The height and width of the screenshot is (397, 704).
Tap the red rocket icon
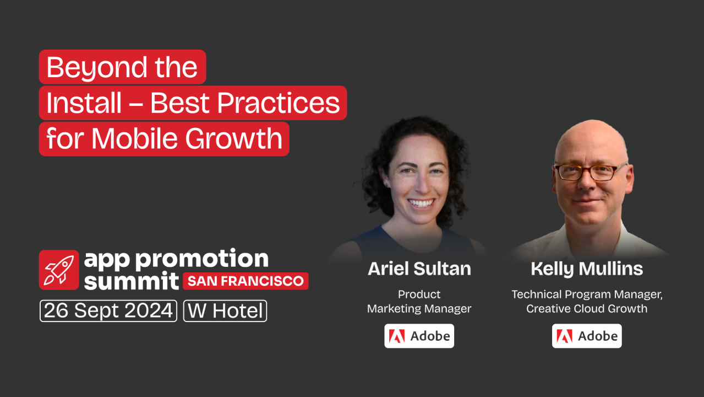point(58,270)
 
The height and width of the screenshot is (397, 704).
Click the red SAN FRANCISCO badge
point(245,281)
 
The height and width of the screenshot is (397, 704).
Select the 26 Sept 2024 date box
point(108,311)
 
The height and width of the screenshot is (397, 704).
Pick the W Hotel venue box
point(225,311)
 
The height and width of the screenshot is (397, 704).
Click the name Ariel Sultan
point(419,269)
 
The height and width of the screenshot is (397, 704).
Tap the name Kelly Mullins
point(587,269)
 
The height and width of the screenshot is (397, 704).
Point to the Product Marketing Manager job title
point(419,301)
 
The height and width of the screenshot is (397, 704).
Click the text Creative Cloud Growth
point(587,308)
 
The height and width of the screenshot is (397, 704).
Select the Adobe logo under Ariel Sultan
point(419,336)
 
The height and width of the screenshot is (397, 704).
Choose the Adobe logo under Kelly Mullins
point(587,336)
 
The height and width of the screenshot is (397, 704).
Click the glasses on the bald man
point(590,172)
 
